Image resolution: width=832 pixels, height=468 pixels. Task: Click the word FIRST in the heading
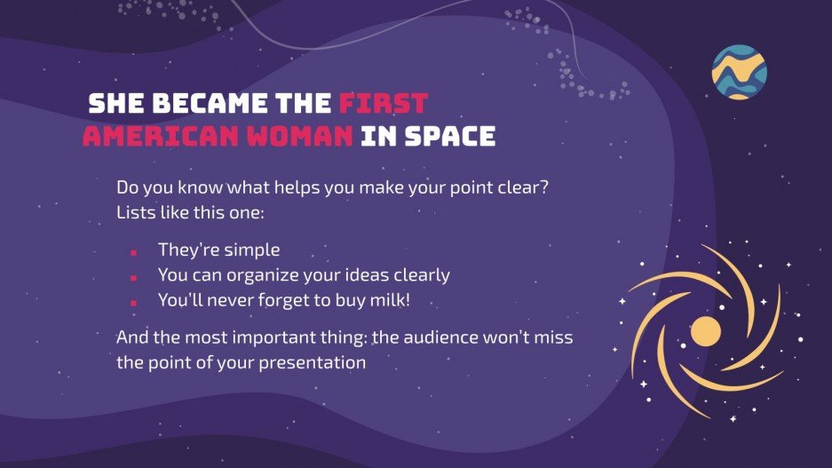384,104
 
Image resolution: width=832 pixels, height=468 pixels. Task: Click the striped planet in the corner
739,72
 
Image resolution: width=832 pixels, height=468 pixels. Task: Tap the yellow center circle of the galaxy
706,331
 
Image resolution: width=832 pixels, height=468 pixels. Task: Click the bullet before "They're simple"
132,252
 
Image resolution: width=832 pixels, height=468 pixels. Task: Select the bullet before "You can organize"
132,277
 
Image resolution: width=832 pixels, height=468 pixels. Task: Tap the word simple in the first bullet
251,250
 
